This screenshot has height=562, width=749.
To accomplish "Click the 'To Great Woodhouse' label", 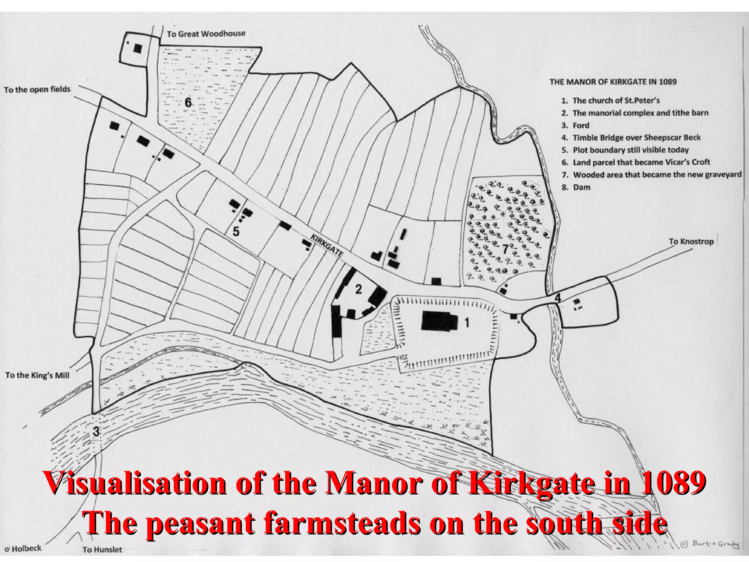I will tap(206, 34).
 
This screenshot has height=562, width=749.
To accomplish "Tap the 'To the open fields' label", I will tap(37, 90).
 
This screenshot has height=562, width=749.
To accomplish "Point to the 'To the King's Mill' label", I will tap(37, 375).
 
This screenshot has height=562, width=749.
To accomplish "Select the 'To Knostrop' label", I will tap(691, 241).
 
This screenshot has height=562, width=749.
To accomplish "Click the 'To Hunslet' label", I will tap(102, 550).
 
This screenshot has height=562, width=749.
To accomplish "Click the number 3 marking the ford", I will tap(96, 432).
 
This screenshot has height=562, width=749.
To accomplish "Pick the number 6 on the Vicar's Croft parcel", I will tap(188, 103).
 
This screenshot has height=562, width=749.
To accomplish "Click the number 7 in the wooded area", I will tap(505, 250).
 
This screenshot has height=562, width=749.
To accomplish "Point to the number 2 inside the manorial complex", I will tap(358, 289).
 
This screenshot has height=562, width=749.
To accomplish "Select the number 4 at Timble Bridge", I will tap(557, 298).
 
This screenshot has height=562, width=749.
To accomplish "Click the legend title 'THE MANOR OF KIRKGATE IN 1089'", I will tap(613, 82).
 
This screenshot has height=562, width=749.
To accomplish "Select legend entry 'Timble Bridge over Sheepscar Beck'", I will tap(636, 138).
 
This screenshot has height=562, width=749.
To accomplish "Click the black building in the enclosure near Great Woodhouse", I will tap(138, 48).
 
